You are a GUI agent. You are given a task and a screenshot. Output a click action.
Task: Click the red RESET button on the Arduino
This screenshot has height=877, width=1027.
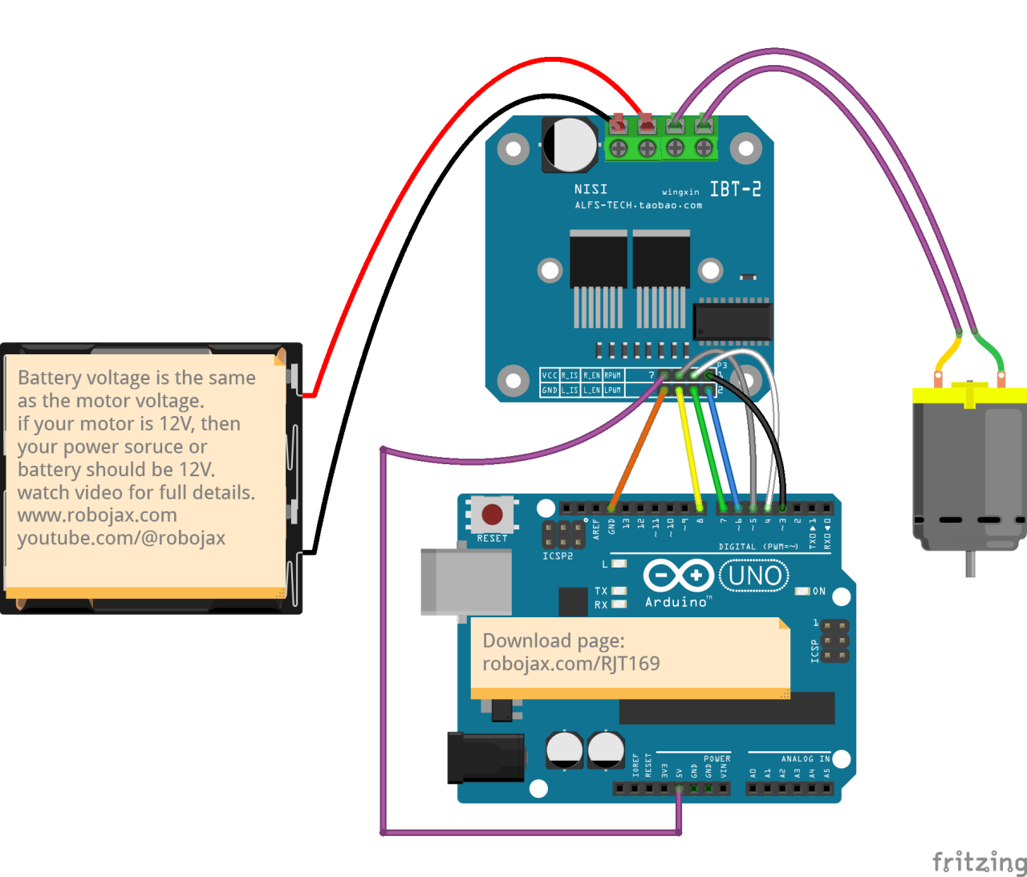click(x=492, y=514)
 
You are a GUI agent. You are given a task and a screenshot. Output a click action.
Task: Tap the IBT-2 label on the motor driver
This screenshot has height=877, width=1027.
click(x=735, y=189)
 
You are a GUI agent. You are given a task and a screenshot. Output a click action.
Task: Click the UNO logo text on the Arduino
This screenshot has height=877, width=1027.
click(x=754, y=576)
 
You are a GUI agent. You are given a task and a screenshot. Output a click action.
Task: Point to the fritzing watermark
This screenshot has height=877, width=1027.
click(x=979, y=862)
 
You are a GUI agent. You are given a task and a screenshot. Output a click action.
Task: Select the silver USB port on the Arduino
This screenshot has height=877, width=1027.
click(x=466, y=581)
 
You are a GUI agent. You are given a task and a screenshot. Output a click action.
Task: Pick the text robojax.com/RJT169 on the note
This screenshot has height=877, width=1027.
click(x=571, y=664)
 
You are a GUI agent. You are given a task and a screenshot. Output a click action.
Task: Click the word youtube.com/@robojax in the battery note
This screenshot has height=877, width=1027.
click(x=121, y=538)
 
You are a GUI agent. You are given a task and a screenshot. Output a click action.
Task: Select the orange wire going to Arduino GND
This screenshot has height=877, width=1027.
click(x=638, y=449)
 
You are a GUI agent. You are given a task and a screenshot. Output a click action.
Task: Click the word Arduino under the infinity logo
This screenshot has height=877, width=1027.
click(x=676, y=602)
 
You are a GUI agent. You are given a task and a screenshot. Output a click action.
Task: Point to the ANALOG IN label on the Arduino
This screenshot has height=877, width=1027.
click(x=806, y=758)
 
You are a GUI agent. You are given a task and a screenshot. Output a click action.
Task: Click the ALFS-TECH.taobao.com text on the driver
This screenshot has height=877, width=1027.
click(x=638, y=205)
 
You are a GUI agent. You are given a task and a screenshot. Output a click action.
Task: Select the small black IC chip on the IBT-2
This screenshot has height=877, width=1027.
click(x=732, y=321)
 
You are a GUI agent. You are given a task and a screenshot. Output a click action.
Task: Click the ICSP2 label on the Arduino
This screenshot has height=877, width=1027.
click(x=558, y=556)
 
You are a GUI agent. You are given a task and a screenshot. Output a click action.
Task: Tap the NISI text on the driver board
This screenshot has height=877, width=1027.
click(x=591, y=189)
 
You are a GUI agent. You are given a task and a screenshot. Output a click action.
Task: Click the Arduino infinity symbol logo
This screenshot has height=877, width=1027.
click(x=678, y=575)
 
